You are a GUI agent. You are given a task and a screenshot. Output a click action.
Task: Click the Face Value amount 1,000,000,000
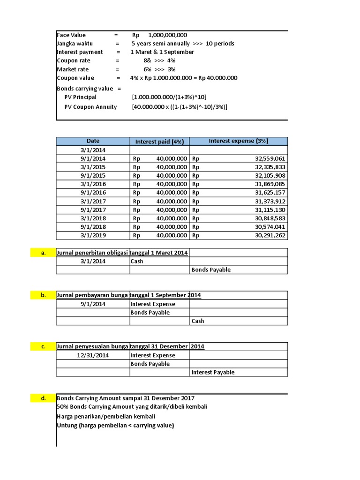coord(167,35)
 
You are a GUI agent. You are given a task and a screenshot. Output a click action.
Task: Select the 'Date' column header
coord(93,141)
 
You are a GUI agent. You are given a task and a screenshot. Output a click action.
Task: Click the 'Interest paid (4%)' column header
coord(159,142)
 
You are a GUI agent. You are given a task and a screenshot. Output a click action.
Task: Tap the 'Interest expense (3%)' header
coord(238,141)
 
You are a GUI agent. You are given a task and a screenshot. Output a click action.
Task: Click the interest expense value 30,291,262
coord(270,236)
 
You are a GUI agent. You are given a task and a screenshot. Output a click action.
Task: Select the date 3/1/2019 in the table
coord(93,236)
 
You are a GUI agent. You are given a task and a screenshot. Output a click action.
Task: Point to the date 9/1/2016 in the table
coord(93,193)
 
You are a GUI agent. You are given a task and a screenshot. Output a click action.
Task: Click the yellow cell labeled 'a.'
coord(43,253)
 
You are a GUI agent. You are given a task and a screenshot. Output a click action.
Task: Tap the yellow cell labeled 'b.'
coord(43,295)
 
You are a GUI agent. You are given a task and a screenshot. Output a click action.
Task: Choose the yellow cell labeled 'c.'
coord(43,347)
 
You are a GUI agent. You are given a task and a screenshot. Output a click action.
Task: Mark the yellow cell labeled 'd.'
coord(43,398)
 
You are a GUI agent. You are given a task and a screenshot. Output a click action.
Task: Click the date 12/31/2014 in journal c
coord(93,355)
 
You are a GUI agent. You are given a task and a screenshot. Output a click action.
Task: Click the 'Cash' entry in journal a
coord(137,262)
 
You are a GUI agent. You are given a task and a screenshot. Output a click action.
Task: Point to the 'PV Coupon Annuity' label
coord(90,107)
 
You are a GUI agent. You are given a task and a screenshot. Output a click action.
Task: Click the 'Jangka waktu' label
coord(75,44)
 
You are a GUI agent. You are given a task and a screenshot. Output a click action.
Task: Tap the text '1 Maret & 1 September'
coord(162,52)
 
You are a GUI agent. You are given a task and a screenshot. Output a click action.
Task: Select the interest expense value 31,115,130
coord(270,210)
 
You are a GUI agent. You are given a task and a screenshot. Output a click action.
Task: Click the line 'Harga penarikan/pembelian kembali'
coord(106,416)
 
